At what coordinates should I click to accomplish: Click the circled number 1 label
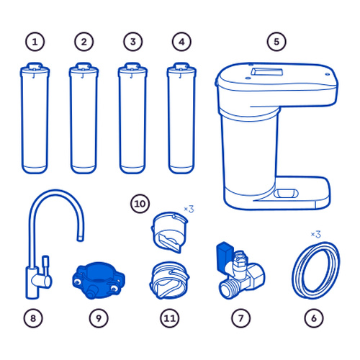coord(35,42)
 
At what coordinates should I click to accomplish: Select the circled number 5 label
coord(276,42)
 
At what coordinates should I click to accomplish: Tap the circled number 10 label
coord(140,204)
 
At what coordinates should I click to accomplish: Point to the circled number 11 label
coord(170,318)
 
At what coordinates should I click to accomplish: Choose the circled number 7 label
coord(240,318)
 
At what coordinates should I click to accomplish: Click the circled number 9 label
coord(99,318)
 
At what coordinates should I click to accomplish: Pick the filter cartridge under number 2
coord(84,118)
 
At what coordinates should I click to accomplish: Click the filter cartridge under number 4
coord(181,118)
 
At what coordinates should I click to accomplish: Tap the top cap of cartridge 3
coord(132,69)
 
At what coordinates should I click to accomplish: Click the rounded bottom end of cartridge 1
coord(35,169)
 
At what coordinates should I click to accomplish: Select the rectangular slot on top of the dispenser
coord(267,72)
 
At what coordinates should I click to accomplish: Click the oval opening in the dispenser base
coord(286,193)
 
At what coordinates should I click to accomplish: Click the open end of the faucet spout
coord(81,239)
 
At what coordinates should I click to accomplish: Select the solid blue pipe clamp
coord(99,280)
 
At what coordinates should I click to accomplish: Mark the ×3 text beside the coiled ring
coord(316,234)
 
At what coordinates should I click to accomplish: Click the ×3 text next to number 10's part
coord(189,209)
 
